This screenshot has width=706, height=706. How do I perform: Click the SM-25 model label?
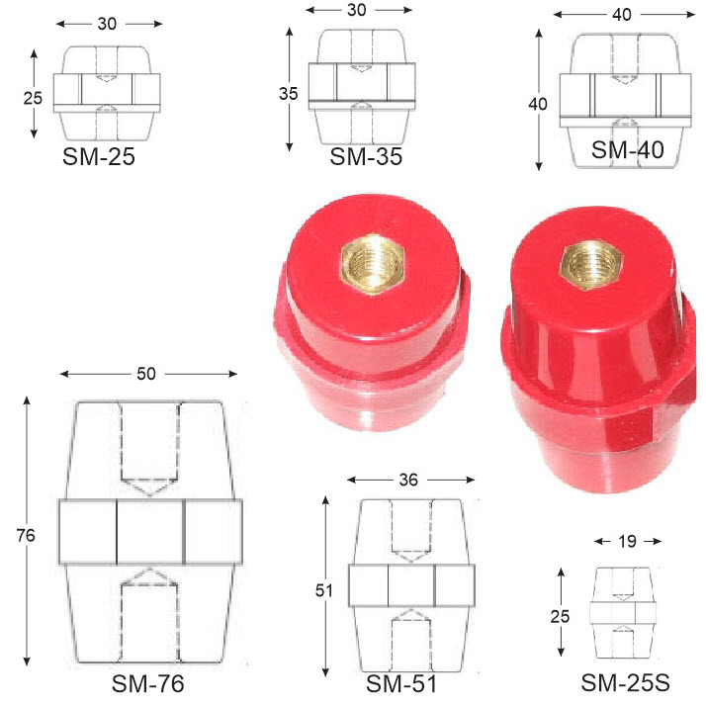click(99, 156)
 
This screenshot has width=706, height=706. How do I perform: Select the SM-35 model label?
click(366, 156)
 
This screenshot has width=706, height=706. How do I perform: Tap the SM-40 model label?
click(627, 149)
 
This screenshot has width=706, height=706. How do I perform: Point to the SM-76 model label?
click(147, 683)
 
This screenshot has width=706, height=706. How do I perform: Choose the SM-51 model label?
click(401, 684)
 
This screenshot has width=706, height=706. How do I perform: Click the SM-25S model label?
click(625, 682)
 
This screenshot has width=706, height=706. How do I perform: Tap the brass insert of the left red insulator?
click(373, 264)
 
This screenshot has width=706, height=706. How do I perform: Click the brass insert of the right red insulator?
click(590, 265)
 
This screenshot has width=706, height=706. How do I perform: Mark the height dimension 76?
click(26, 535)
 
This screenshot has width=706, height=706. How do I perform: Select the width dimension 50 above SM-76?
click(146, 374)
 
